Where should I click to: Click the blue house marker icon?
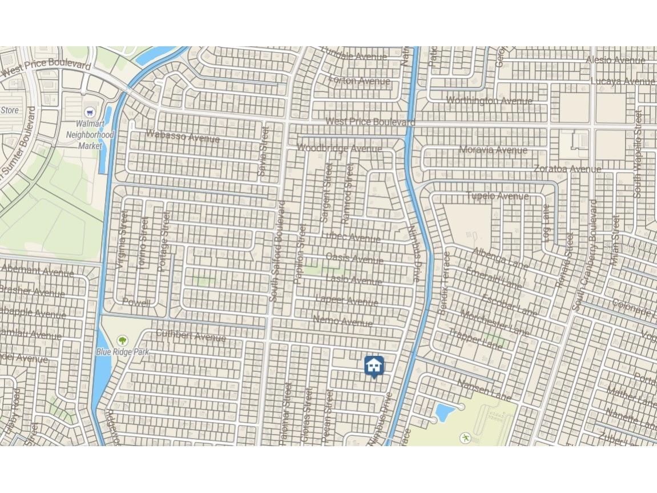374,365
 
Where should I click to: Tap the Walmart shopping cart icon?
90,112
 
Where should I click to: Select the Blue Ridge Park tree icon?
122,341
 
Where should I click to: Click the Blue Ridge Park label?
122,352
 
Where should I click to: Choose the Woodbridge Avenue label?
339,149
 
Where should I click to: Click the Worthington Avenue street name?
489,101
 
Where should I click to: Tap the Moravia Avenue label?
493,150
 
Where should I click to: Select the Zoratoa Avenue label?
567,169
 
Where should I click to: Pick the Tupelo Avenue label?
497,196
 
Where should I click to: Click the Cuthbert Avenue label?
191,335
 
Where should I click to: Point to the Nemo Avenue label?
342,322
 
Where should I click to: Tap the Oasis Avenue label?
354,258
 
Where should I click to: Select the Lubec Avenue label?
350,237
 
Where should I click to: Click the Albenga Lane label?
501,258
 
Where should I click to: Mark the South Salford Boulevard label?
277,251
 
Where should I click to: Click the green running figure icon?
466,438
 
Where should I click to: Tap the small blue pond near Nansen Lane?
445,411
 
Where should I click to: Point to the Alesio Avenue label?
615,60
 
